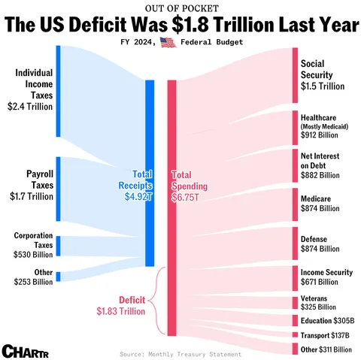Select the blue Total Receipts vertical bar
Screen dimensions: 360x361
click(x=150, y=173)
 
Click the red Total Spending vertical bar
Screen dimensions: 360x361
click(x=171, y=207)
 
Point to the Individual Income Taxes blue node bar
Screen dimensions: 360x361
click(x=58, y=92)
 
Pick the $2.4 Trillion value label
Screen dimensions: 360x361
click(x=30, y=107)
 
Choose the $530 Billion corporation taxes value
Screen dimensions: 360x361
click(x=33, y=255)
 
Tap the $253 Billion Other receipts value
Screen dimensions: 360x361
click(x=33, y=282)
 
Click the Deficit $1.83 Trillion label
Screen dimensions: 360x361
click(x=121, y=305)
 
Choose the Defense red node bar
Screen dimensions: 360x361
click(x=295, y=243)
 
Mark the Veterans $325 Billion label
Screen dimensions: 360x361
click(x=318, y=302)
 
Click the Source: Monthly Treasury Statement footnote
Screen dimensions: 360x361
click(x=180, y=353)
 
